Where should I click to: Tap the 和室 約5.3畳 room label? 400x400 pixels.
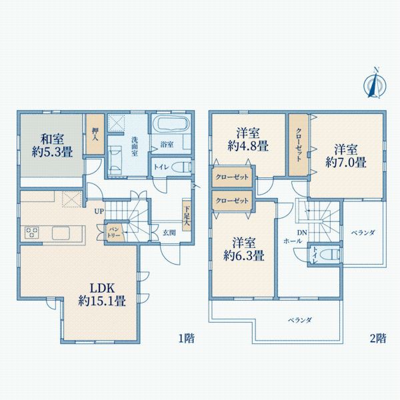51,145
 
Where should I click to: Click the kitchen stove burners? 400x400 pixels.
33,233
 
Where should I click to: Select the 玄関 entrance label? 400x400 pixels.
169,233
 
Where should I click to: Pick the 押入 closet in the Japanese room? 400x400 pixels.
94,137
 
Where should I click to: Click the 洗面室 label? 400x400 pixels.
135,146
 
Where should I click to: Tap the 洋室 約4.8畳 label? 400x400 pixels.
247,139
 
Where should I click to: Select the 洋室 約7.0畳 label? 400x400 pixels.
345,155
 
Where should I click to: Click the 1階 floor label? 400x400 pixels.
185,338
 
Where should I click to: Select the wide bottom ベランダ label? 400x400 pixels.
299,320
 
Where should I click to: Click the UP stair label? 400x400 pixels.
99,211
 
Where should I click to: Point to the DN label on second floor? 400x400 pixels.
301,233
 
